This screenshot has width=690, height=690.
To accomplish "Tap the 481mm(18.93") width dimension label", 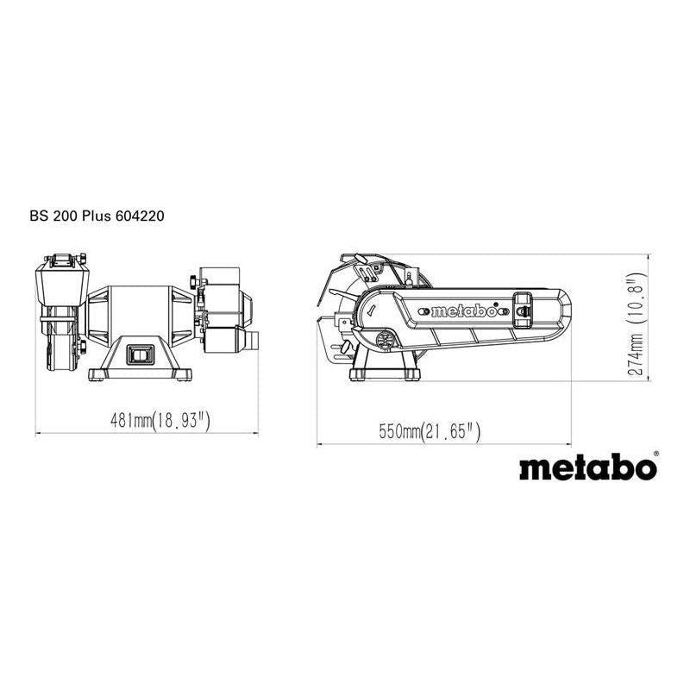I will pyautogui.click(x=161, y=421).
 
